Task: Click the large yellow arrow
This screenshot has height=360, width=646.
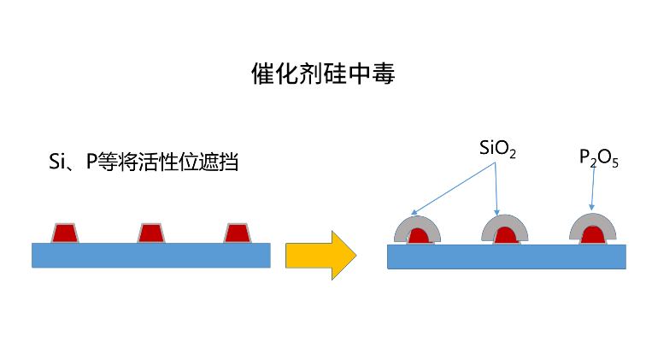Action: click(320, 254)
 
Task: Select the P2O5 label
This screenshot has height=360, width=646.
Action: click(598, 158)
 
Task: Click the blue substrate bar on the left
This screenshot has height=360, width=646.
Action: click(151, 255)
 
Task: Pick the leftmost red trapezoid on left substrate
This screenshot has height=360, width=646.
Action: click(64, 233)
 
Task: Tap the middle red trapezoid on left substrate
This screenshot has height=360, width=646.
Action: click(151, 233)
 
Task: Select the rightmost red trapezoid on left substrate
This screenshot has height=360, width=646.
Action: click(237, 233)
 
